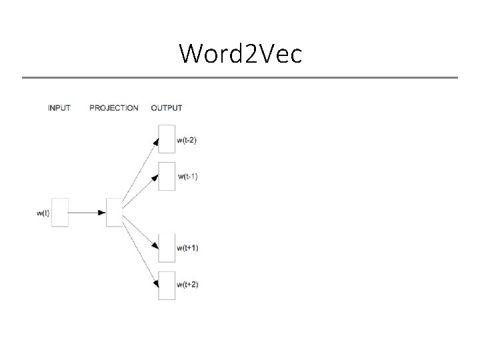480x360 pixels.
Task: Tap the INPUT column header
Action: (x=59, y=108)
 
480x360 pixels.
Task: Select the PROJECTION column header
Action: (x=114, y=108)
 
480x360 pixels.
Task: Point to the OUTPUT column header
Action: (x=167, y=108)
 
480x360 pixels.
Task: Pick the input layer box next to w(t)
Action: (x=60, y=213)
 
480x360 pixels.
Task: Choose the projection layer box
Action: (x=114, y=213)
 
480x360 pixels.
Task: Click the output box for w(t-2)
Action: (x=167, y=139)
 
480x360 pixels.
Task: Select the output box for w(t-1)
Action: (x=167, y=176)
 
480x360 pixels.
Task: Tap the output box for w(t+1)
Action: (x=167, y=248)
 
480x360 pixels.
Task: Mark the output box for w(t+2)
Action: (x=167, y=285)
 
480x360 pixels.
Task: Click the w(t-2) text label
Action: (x=187, y=140)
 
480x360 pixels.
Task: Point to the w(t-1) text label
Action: (x=188, y=177)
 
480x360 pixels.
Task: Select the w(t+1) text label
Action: (x=188, y=248)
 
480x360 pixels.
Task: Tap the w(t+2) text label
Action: (x=188, y=285)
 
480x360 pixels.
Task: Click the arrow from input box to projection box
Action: (x=87, y=213)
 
